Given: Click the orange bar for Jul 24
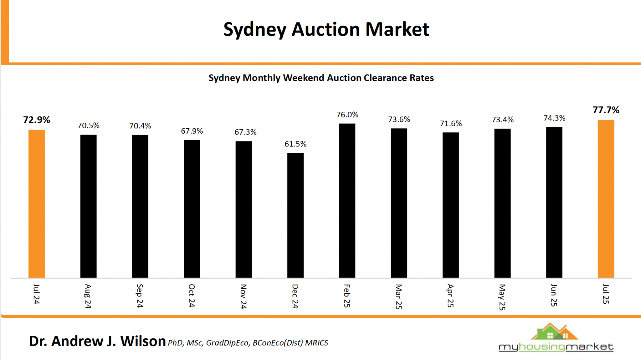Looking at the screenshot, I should point(37,203).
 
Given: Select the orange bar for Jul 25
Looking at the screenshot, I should point(606,199).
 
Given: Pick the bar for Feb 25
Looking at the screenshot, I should point(347,200).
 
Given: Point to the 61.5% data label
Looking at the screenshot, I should point(295,144).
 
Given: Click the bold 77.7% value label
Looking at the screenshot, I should point(606,110).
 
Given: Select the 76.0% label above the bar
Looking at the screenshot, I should point(347,115).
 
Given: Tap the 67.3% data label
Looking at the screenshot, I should point(245,132).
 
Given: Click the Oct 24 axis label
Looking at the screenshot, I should point(192,296).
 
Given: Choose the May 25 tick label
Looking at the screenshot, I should point(502,297).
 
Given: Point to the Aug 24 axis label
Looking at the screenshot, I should point(88,296).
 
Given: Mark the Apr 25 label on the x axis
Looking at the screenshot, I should point(450,296).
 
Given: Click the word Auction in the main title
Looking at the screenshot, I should point(326,29).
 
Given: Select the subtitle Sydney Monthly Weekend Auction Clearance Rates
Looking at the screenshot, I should point(321,78).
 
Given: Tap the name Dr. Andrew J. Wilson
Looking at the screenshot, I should point(97,341).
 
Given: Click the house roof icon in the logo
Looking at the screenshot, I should point(554,332).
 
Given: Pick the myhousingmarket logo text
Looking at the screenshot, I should point(556,347).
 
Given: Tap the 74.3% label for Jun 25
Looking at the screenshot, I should point(554,118).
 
